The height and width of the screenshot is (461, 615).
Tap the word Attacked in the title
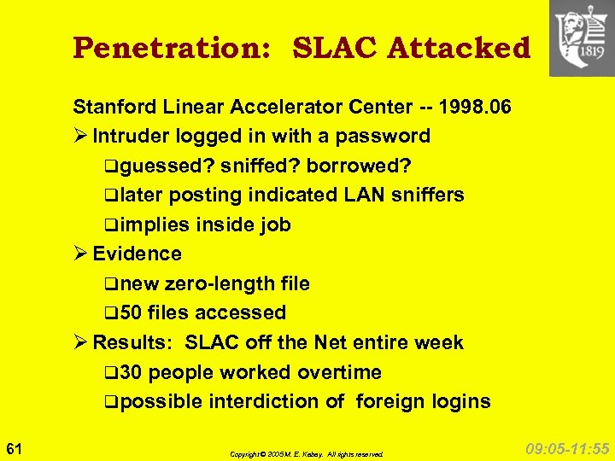459,48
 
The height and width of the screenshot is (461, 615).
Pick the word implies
155,225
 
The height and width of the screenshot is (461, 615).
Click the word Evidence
137,254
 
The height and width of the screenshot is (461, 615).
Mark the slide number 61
14,447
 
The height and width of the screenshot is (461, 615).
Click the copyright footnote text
307,454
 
